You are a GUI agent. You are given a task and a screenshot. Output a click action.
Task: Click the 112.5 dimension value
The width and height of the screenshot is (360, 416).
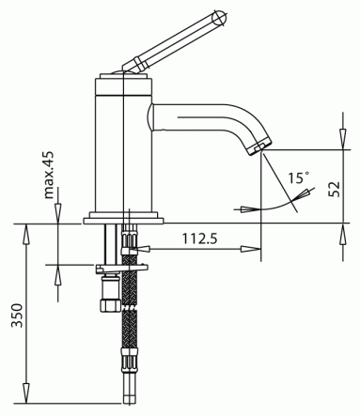199,239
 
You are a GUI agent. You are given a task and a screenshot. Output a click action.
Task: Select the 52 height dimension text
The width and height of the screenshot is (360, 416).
335,189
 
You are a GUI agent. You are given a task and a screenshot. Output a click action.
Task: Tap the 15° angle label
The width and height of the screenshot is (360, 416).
299,177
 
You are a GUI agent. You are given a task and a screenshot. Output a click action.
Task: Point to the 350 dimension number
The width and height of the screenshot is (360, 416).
17,316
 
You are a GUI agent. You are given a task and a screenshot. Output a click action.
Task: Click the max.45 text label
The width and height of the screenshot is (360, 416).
49,176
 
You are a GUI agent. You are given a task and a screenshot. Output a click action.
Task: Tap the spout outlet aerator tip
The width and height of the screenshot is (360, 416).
259,146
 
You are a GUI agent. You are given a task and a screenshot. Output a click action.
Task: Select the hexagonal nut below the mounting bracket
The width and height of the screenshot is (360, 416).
110,305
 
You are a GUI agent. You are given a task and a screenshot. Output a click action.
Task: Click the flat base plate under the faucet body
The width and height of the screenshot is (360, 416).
124,221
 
